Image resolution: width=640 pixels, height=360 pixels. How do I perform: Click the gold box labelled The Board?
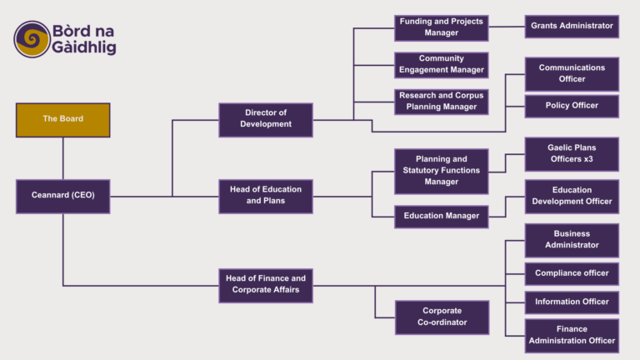click(62, 119)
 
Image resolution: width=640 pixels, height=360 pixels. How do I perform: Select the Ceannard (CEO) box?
click(62, 196)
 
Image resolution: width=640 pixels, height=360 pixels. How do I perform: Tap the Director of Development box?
click(265, 119)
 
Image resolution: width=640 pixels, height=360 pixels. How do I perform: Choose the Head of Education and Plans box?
click(265, 196)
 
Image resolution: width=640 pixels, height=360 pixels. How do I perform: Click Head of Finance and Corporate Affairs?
click(265, 284)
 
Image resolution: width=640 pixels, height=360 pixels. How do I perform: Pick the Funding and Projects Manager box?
click(441, 27)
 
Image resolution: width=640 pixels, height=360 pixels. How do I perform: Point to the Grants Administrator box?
click(572, 27)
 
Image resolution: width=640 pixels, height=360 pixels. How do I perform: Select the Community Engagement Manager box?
click(441, 64)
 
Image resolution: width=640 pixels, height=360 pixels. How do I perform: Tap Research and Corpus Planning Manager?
click(441, 102)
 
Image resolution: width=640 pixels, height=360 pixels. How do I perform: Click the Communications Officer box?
click(572, 73)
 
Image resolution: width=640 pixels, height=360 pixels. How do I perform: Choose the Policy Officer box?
click(572, 106)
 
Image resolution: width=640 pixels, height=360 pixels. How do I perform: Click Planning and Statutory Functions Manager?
click(441, 170)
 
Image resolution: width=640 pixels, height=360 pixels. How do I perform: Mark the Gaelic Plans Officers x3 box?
click(572, 153)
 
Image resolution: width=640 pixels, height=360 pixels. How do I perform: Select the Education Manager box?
click(441, 216)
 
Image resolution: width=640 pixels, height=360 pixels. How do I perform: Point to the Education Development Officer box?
click(572, 196)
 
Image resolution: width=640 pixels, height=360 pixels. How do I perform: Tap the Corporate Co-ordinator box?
click(442, 317)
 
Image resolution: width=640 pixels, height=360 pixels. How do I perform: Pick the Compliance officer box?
click(572, 273)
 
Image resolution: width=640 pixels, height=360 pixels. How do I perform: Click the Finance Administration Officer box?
click(572, 335)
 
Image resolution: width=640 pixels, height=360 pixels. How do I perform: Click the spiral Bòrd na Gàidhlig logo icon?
click(32, 39)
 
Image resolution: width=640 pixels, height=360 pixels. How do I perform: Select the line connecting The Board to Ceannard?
click(62, 157)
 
